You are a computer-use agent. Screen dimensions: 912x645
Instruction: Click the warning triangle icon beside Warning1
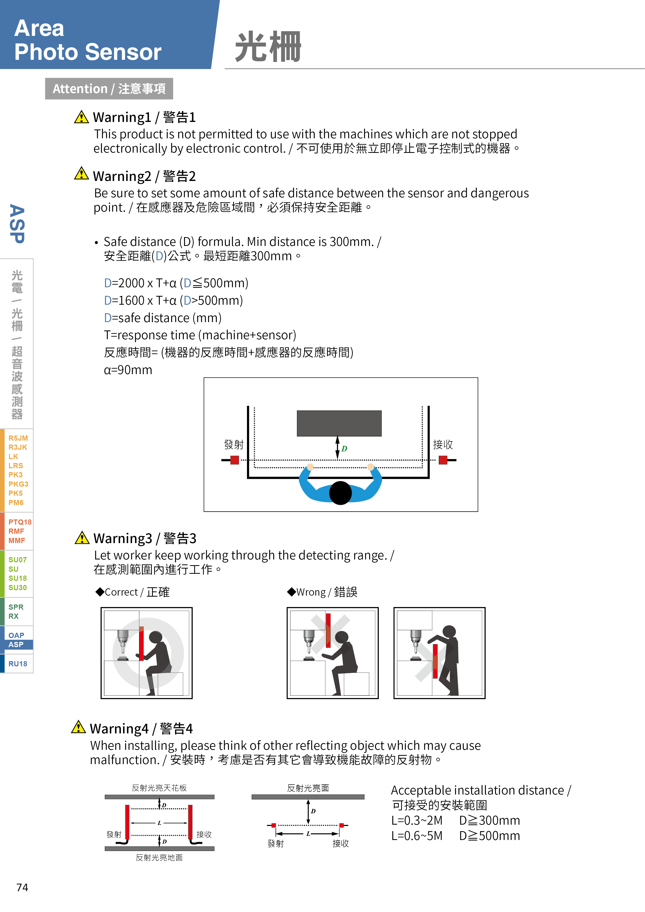tap(81, 117)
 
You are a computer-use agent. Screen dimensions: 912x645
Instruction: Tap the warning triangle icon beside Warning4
tap(78, 727)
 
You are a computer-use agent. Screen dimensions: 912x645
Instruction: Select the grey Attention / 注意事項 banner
tap(109, 89)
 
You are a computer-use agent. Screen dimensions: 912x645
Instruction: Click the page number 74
tap(22, 887)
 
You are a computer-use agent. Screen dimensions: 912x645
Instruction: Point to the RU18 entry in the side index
tap(18, 664)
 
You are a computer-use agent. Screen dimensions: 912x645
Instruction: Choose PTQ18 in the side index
tap(20, 522)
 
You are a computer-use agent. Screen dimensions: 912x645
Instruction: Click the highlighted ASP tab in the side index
tap(16, 644)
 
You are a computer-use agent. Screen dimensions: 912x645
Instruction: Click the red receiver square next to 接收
tap(443, 460)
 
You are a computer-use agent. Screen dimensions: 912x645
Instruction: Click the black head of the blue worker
tap(340, 493)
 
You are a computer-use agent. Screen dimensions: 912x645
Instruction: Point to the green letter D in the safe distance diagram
tap(344, 449)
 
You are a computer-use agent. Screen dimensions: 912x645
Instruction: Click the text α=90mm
tap(128, 370)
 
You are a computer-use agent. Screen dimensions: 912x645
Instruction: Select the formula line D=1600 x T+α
tap(173, 300)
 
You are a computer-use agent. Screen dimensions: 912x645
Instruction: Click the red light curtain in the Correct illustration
tap(141, 643)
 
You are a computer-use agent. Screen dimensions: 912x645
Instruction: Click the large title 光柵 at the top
tap(268, 47)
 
